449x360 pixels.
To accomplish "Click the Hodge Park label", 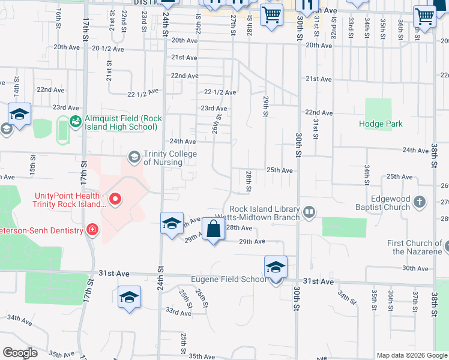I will tap(381, 124).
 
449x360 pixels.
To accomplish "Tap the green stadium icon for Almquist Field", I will tap(75, 122).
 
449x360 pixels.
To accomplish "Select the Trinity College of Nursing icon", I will tap(134, 158).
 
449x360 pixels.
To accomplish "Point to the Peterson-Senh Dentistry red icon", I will tap(92, 229).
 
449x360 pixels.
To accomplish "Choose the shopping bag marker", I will tap(214, 229).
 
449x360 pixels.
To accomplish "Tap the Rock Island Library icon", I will tap(309, 211).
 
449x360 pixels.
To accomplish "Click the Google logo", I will tap(20, 353).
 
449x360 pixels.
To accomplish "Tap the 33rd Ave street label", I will tap(178, 312).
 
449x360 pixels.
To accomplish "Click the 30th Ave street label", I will tap(415, 268).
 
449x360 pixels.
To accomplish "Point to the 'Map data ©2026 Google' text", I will tap(412, 355).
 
